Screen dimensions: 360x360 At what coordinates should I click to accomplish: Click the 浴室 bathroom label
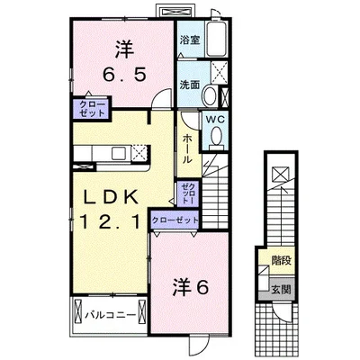[188, 40]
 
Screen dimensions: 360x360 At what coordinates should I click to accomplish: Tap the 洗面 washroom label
[188, 84]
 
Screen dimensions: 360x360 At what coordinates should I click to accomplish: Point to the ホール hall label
[186, 148]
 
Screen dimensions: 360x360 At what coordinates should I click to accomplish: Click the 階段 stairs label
[281, 262]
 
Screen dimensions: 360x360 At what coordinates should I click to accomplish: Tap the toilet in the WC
[217, 135]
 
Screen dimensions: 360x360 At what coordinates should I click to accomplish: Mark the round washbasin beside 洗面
[210, 94]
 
